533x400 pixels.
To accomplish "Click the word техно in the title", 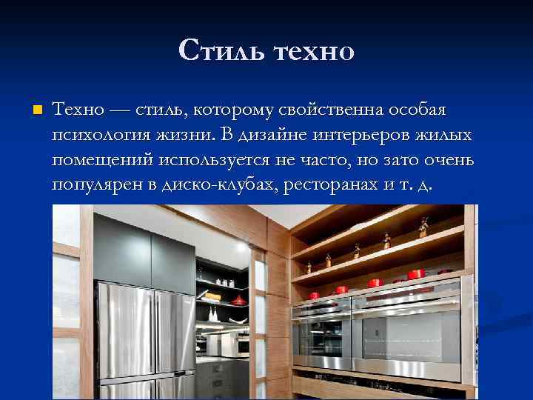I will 314,51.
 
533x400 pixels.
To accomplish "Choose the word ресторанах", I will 334,184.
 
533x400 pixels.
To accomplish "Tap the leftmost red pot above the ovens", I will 313,295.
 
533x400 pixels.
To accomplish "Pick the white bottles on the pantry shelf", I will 212,313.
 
